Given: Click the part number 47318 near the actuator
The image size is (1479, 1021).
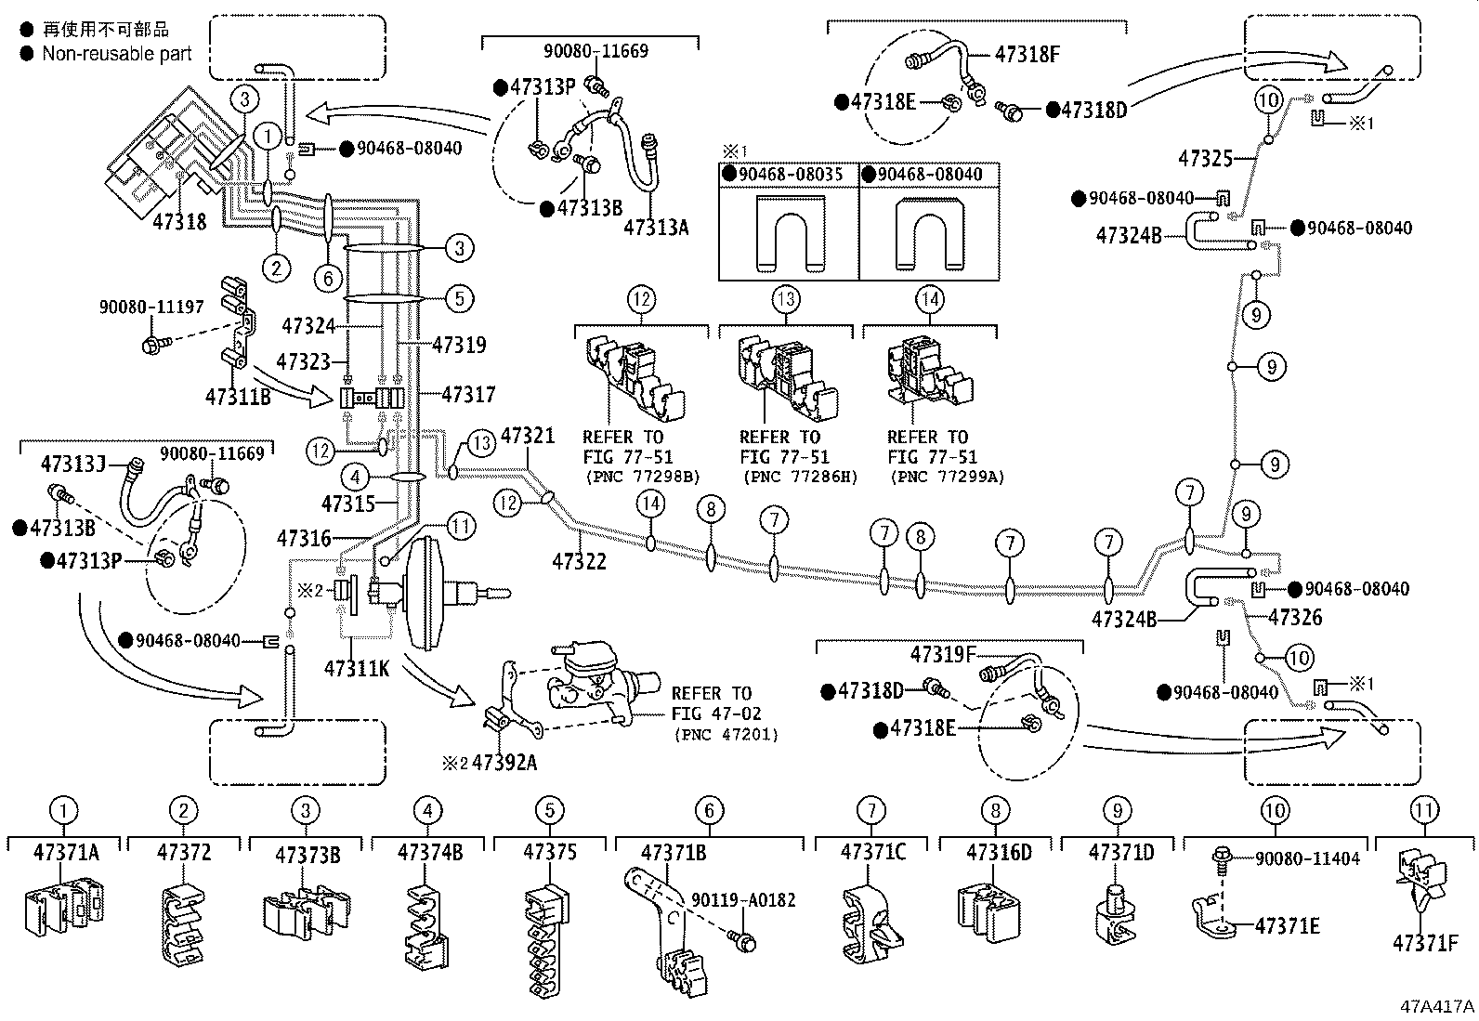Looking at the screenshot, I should tap(179, 221).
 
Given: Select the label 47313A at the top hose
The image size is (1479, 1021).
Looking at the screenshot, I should tap(656, 227).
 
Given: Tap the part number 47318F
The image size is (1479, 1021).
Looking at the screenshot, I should tap(1027, 54).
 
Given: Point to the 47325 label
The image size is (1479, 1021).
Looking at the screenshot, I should tap(1205, 158).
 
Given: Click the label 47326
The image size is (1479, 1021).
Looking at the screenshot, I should tap(1294, 617).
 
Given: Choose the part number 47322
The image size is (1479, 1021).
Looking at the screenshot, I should tap(581, 561).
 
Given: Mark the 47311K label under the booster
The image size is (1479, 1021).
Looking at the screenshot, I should tap(357, 667).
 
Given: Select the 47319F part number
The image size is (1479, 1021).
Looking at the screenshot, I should tap(942, 654).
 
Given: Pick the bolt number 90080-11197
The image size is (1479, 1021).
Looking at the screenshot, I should tap(151, 307).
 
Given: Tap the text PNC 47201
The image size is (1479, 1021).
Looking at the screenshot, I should tap(726, 734).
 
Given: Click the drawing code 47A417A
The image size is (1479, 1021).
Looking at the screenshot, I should tap(1438, 1006).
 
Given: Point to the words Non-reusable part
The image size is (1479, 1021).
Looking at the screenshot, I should tap(117, 53).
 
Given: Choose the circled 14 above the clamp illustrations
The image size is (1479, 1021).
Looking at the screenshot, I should tap(929, 299).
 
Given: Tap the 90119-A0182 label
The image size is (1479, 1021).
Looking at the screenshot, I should tap(743, 900).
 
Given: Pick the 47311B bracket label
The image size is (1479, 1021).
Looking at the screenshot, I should tap(238, 398).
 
